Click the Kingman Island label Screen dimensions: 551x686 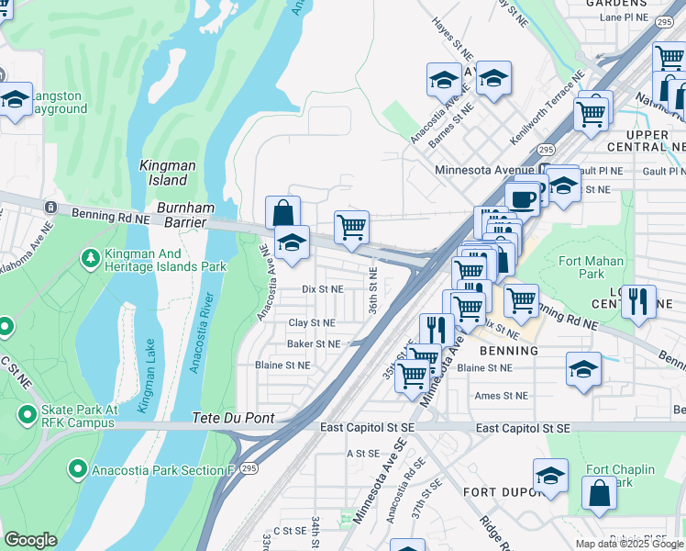[167, 173]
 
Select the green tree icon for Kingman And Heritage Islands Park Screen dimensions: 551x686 [90, 258]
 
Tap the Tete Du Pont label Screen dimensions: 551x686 [234, 418]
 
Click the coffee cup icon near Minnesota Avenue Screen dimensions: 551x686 [522, 199]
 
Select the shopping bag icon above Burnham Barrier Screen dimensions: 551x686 [283, 212]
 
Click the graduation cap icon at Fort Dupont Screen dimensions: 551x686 [550, 476]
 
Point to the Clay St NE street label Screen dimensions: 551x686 [312, 323]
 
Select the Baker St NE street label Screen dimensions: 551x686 [313, 343]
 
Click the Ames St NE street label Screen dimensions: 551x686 [501, 396]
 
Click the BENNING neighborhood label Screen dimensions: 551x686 [508, 351]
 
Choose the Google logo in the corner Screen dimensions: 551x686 [30, 540]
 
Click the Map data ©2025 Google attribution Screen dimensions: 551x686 [628, 544]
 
